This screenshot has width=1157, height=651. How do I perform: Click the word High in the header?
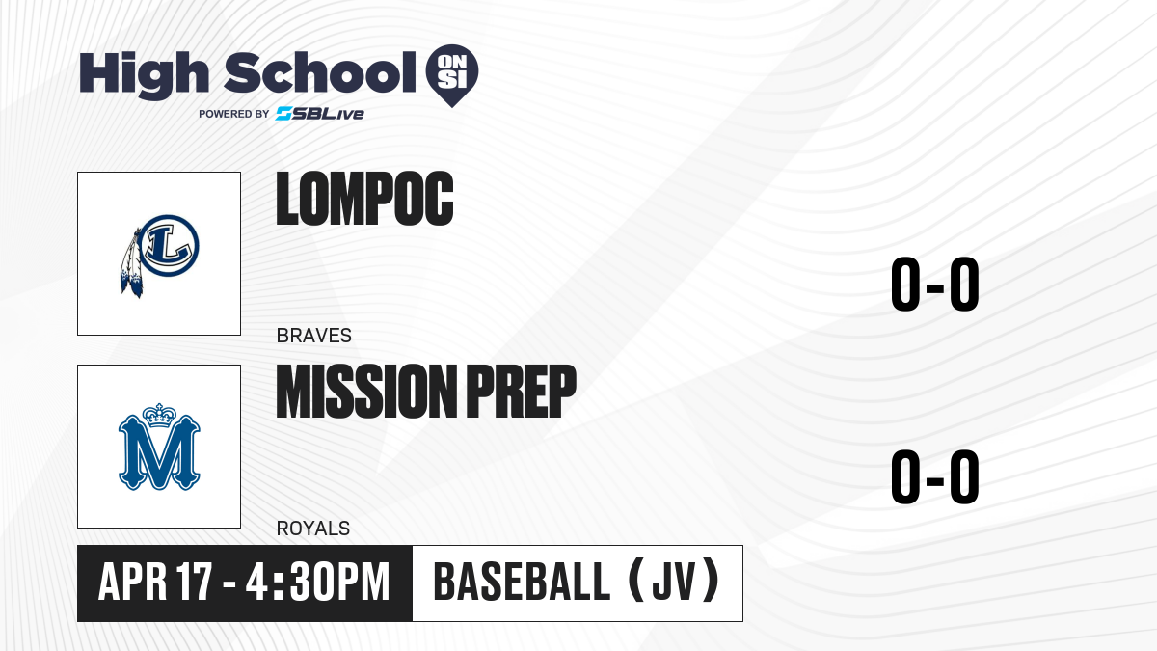tap(144, 74)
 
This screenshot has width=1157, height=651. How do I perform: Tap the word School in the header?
tap(320, 72)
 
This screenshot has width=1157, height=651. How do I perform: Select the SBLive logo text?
tap(320, 114)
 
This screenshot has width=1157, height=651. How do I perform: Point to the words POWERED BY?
tap(234, 114)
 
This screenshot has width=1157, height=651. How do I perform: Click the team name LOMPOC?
tap(364, 199)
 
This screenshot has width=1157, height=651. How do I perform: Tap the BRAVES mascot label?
tap(314, 336)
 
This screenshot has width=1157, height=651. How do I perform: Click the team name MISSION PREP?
tap(426, 391)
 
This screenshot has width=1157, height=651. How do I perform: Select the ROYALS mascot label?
tap(313, 529)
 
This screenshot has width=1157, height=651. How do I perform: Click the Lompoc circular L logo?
tap(169, 245)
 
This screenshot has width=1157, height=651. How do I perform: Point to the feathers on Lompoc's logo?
tap(131, 263)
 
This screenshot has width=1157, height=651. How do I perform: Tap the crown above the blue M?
tap(159, 415)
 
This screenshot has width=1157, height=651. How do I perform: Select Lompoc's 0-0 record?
tap(935, 284)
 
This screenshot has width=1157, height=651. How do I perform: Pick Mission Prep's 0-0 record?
tap(935, 476)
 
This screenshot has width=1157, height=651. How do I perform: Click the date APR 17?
tap(155, 583)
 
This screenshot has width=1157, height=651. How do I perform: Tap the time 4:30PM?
tap(317, 583)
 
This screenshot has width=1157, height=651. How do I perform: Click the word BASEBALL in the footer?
tap(523, 582)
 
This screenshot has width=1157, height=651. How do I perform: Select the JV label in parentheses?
tap(674, 582)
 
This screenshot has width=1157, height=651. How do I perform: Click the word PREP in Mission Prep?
tap(522, 391)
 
